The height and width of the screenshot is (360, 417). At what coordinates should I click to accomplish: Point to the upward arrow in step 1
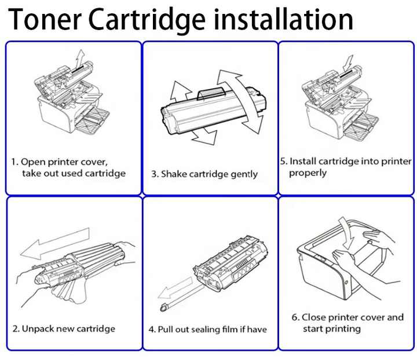coord(80,58)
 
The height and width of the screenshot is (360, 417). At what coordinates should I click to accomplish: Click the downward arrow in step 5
coord(347,60)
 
